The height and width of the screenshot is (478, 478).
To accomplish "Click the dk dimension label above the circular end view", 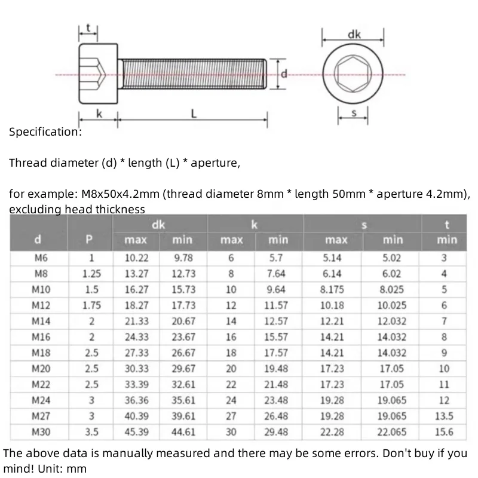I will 354,35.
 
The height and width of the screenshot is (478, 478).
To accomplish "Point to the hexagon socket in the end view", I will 354,75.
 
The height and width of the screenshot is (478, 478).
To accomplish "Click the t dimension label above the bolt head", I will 88,27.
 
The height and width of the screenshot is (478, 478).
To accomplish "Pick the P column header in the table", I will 90,240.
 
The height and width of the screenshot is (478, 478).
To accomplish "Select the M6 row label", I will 39,259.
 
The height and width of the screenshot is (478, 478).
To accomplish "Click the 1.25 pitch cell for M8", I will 91,274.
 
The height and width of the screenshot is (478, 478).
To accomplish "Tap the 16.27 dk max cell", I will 136,290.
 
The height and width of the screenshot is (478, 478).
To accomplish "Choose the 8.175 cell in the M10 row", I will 332,290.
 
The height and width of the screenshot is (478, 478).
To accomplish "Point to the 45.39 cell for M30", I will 136,431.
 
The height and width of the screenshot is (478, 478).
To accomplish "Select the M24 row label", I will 39,400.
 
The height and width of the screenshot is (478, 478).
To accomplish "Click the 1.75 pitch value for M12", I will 91,305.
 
